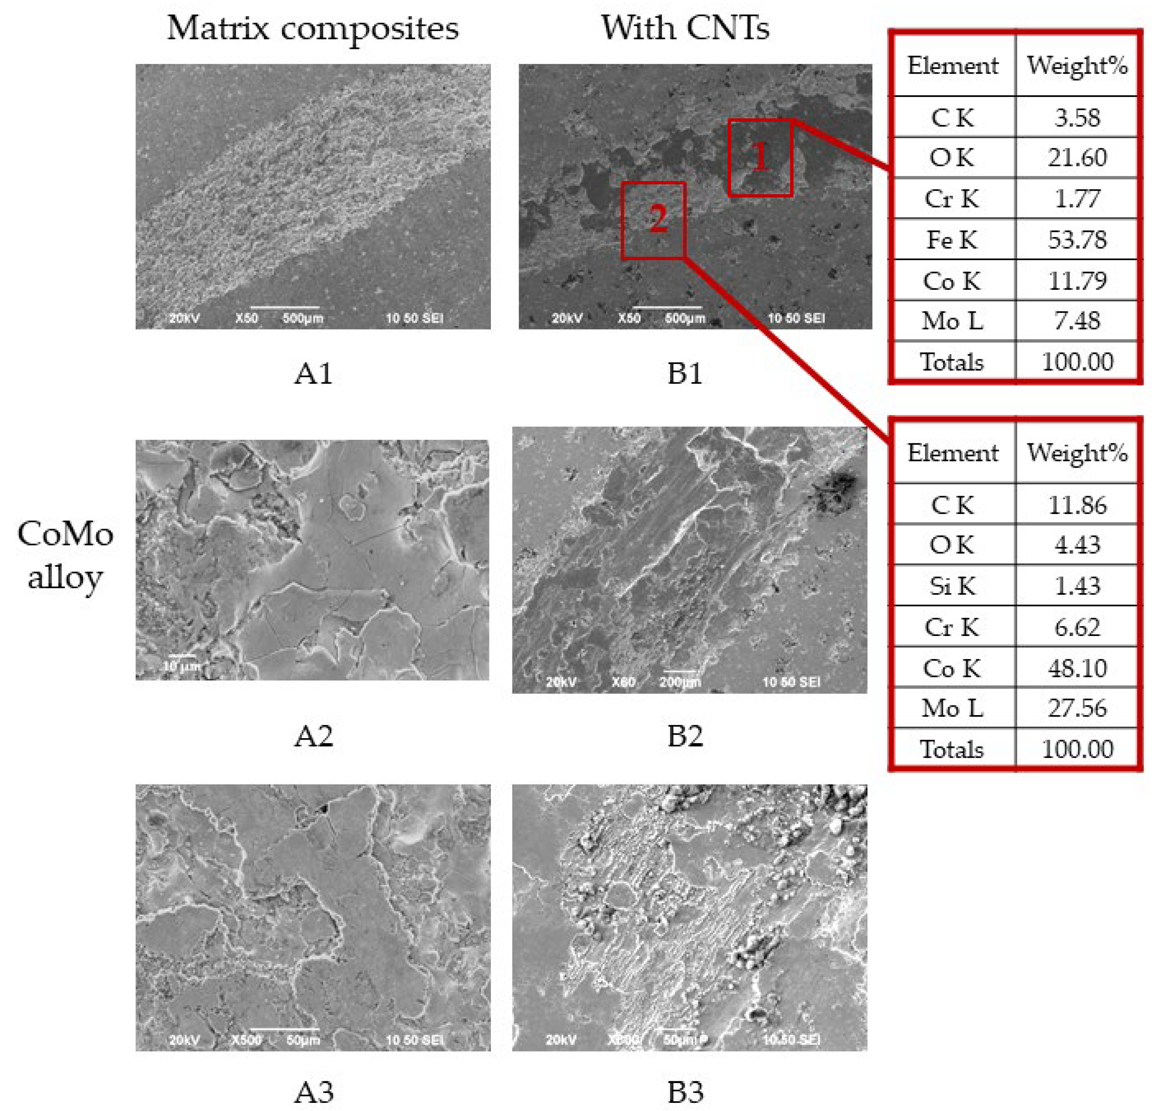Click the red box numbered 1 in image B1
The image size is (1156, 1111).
pos(760,158)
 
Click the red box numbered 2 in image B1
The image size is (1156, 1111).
pos(654,220)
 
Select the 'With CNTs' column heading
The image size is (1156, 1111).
pos(685,28)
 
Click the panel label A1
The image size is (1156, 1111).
pos(313,374)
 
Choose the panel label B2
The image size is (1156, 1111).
pos(685,736)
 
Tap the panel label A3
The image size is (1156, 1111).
pos(313,1092)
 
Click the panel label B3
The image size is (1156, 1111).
pos(685,1092)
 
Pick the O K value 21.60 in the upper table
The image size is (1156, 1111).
pos(1077,158)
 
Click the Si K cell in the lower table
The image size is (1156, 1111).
pos(952,586)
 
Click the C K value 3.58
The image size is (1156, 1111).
pos(1077,118)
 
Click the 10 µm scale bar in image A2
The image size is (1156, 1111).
pos(182,655)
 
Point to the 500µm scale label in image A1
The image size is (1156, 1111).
pos(302,319)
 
